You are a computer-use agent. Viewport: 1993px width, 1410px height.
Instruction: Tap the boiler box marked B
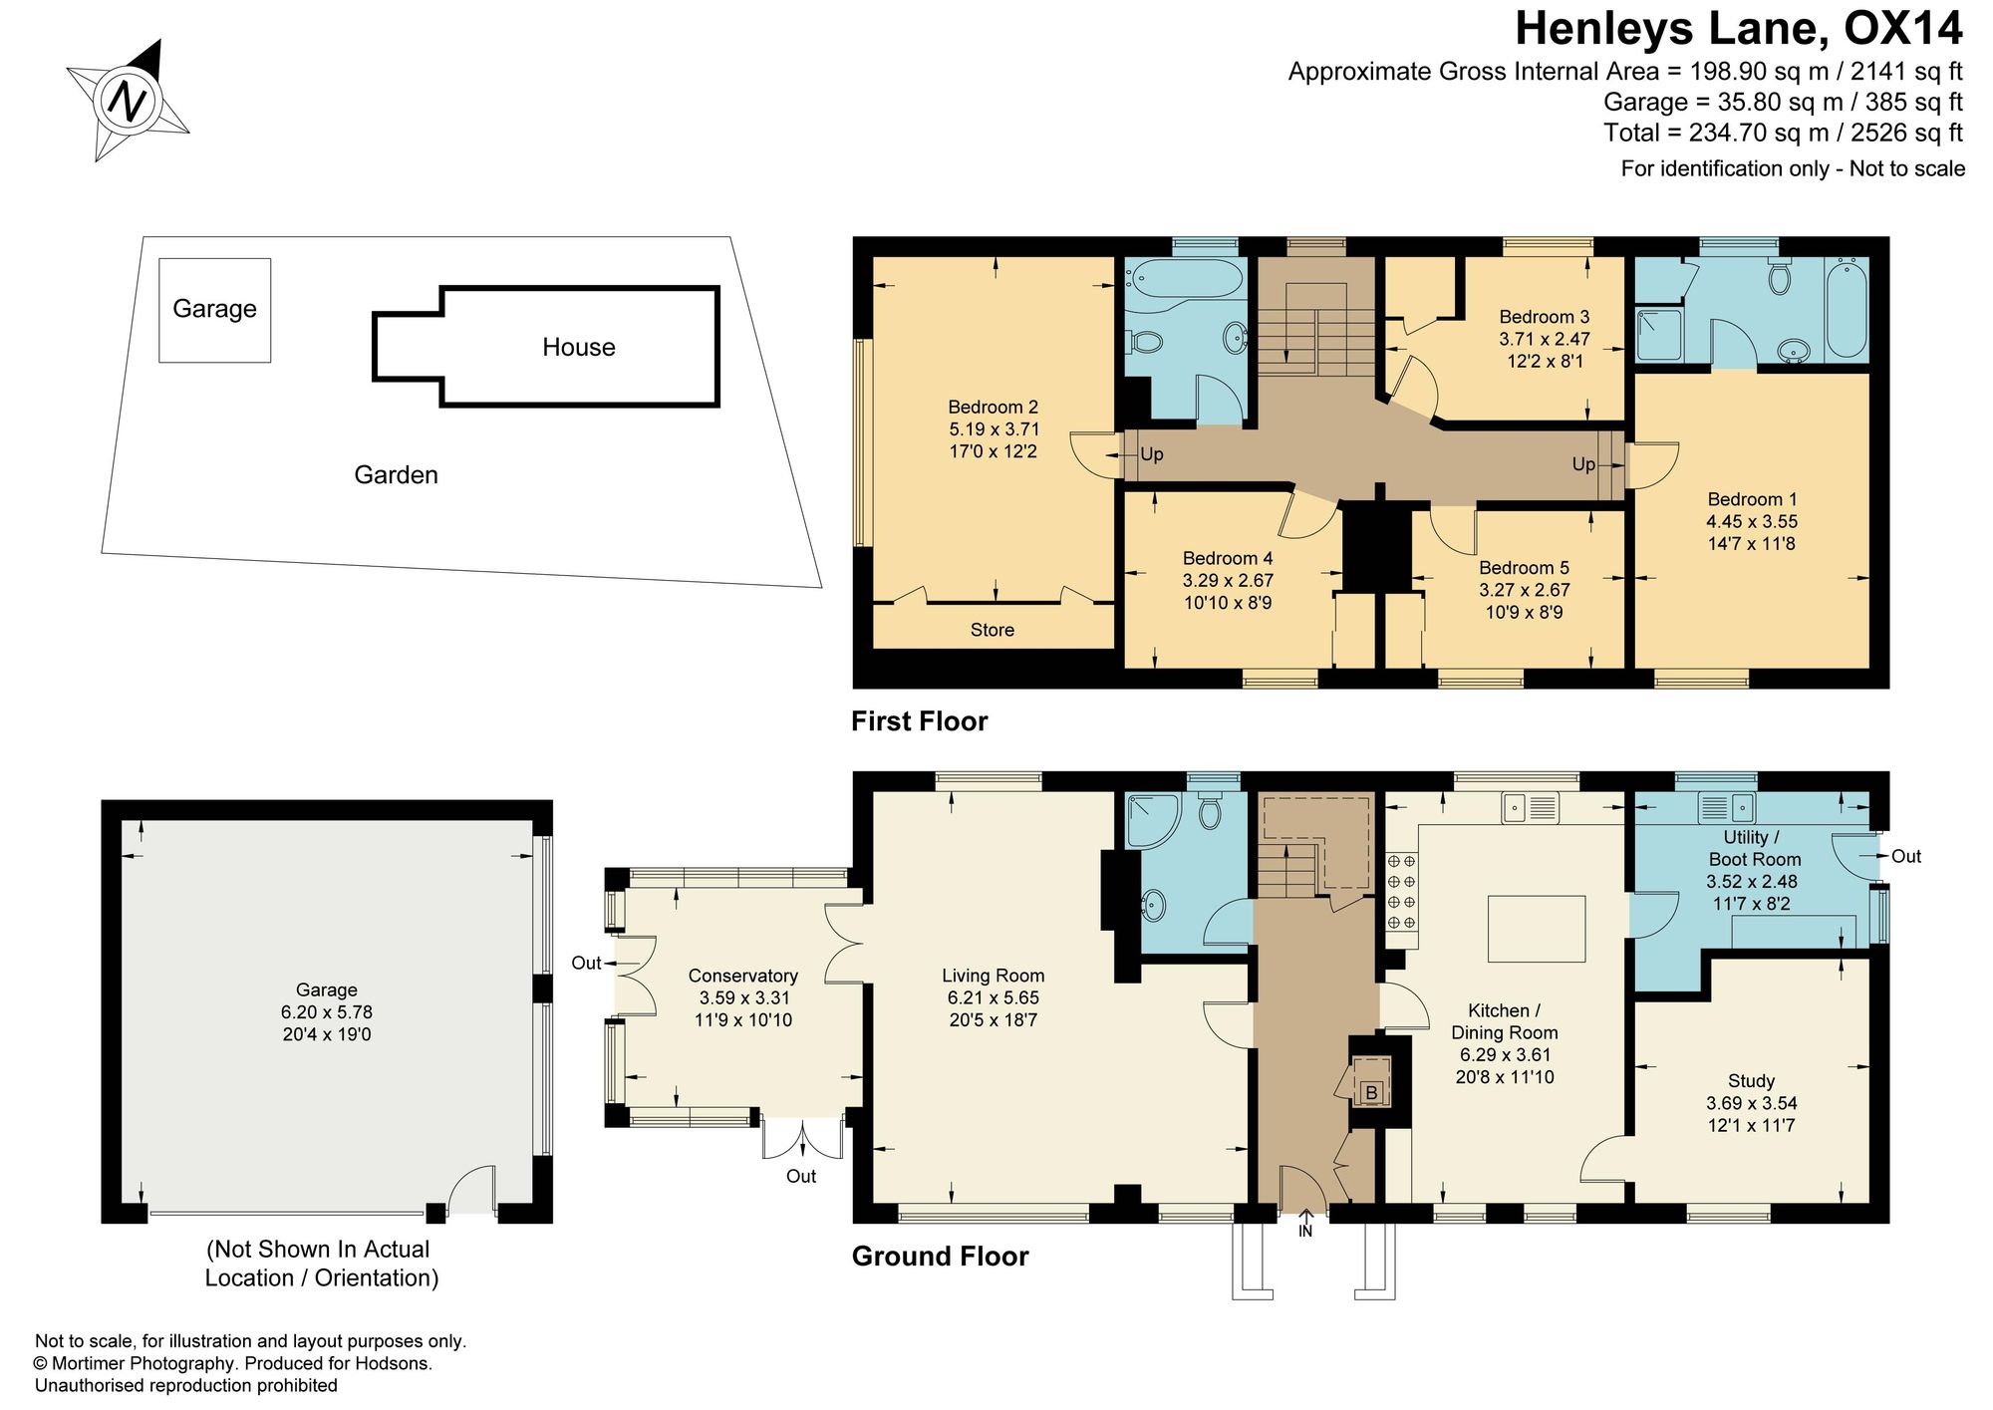click(1371, 1093)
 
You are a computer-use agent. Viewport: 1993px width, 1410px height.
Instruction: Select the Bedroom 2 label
click(993, 407)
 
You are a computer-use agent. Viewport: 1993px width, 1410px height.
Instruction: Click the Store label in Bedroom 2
click(993, 630)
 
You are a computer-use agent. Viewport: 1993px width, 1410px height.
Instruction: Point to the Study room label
click(1752, 1081)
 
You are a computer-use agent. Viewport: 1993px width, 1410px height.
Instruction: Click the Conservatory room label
click(743, 976)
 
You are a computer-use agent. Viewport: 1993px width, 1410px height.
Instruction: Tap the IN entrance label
click(1305, 1232)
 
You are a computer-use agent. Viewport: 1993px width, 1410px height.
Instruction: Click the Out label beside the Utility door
click(1906, 856)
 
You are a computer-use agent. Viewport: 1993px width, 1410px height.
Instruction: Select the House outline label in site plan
click(579, 347)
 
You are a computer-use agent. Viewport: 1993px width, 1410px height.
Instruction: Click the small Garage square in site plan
click(214, 310)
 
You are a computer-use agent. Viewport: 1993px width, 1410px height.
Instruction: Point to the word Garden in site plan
click(397, 474)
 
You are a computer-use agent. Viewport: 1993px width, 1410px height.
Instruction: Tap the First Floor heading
click(919, 721)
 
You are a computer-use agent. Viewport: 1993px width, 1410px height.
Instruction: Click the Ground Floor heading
click(940, 1257)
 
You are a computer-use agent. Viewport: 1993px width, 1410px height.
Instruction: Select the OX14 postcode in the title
click(1903, 29)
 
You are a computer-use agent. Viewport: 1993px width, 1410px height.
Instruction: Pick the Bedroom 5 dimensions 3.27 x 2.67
click(1524, 590)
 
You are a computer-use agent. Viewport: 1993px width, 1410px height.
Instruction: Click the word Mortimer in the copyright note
click(97, 1364)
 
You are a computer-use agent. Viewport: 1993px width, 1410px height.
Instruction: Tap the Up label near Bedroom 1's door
click(1583, 464)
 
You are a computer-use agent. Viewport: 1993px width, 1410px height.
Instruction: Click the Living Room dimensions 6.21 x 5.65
click(994, 997)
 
